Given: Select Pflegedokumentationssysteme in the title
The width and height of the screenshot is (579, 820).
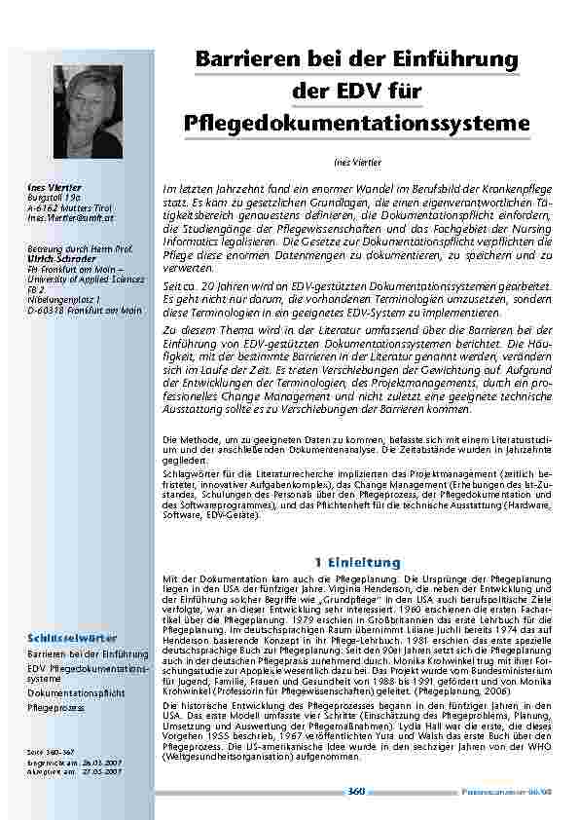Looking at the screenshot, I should point(356,124).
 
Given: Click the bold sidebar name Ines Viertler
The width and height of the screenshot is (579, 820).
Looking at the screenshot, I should point(54,187).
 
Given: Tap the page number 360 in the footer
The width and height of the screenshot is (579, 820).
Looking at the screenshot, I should point(356,792).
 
